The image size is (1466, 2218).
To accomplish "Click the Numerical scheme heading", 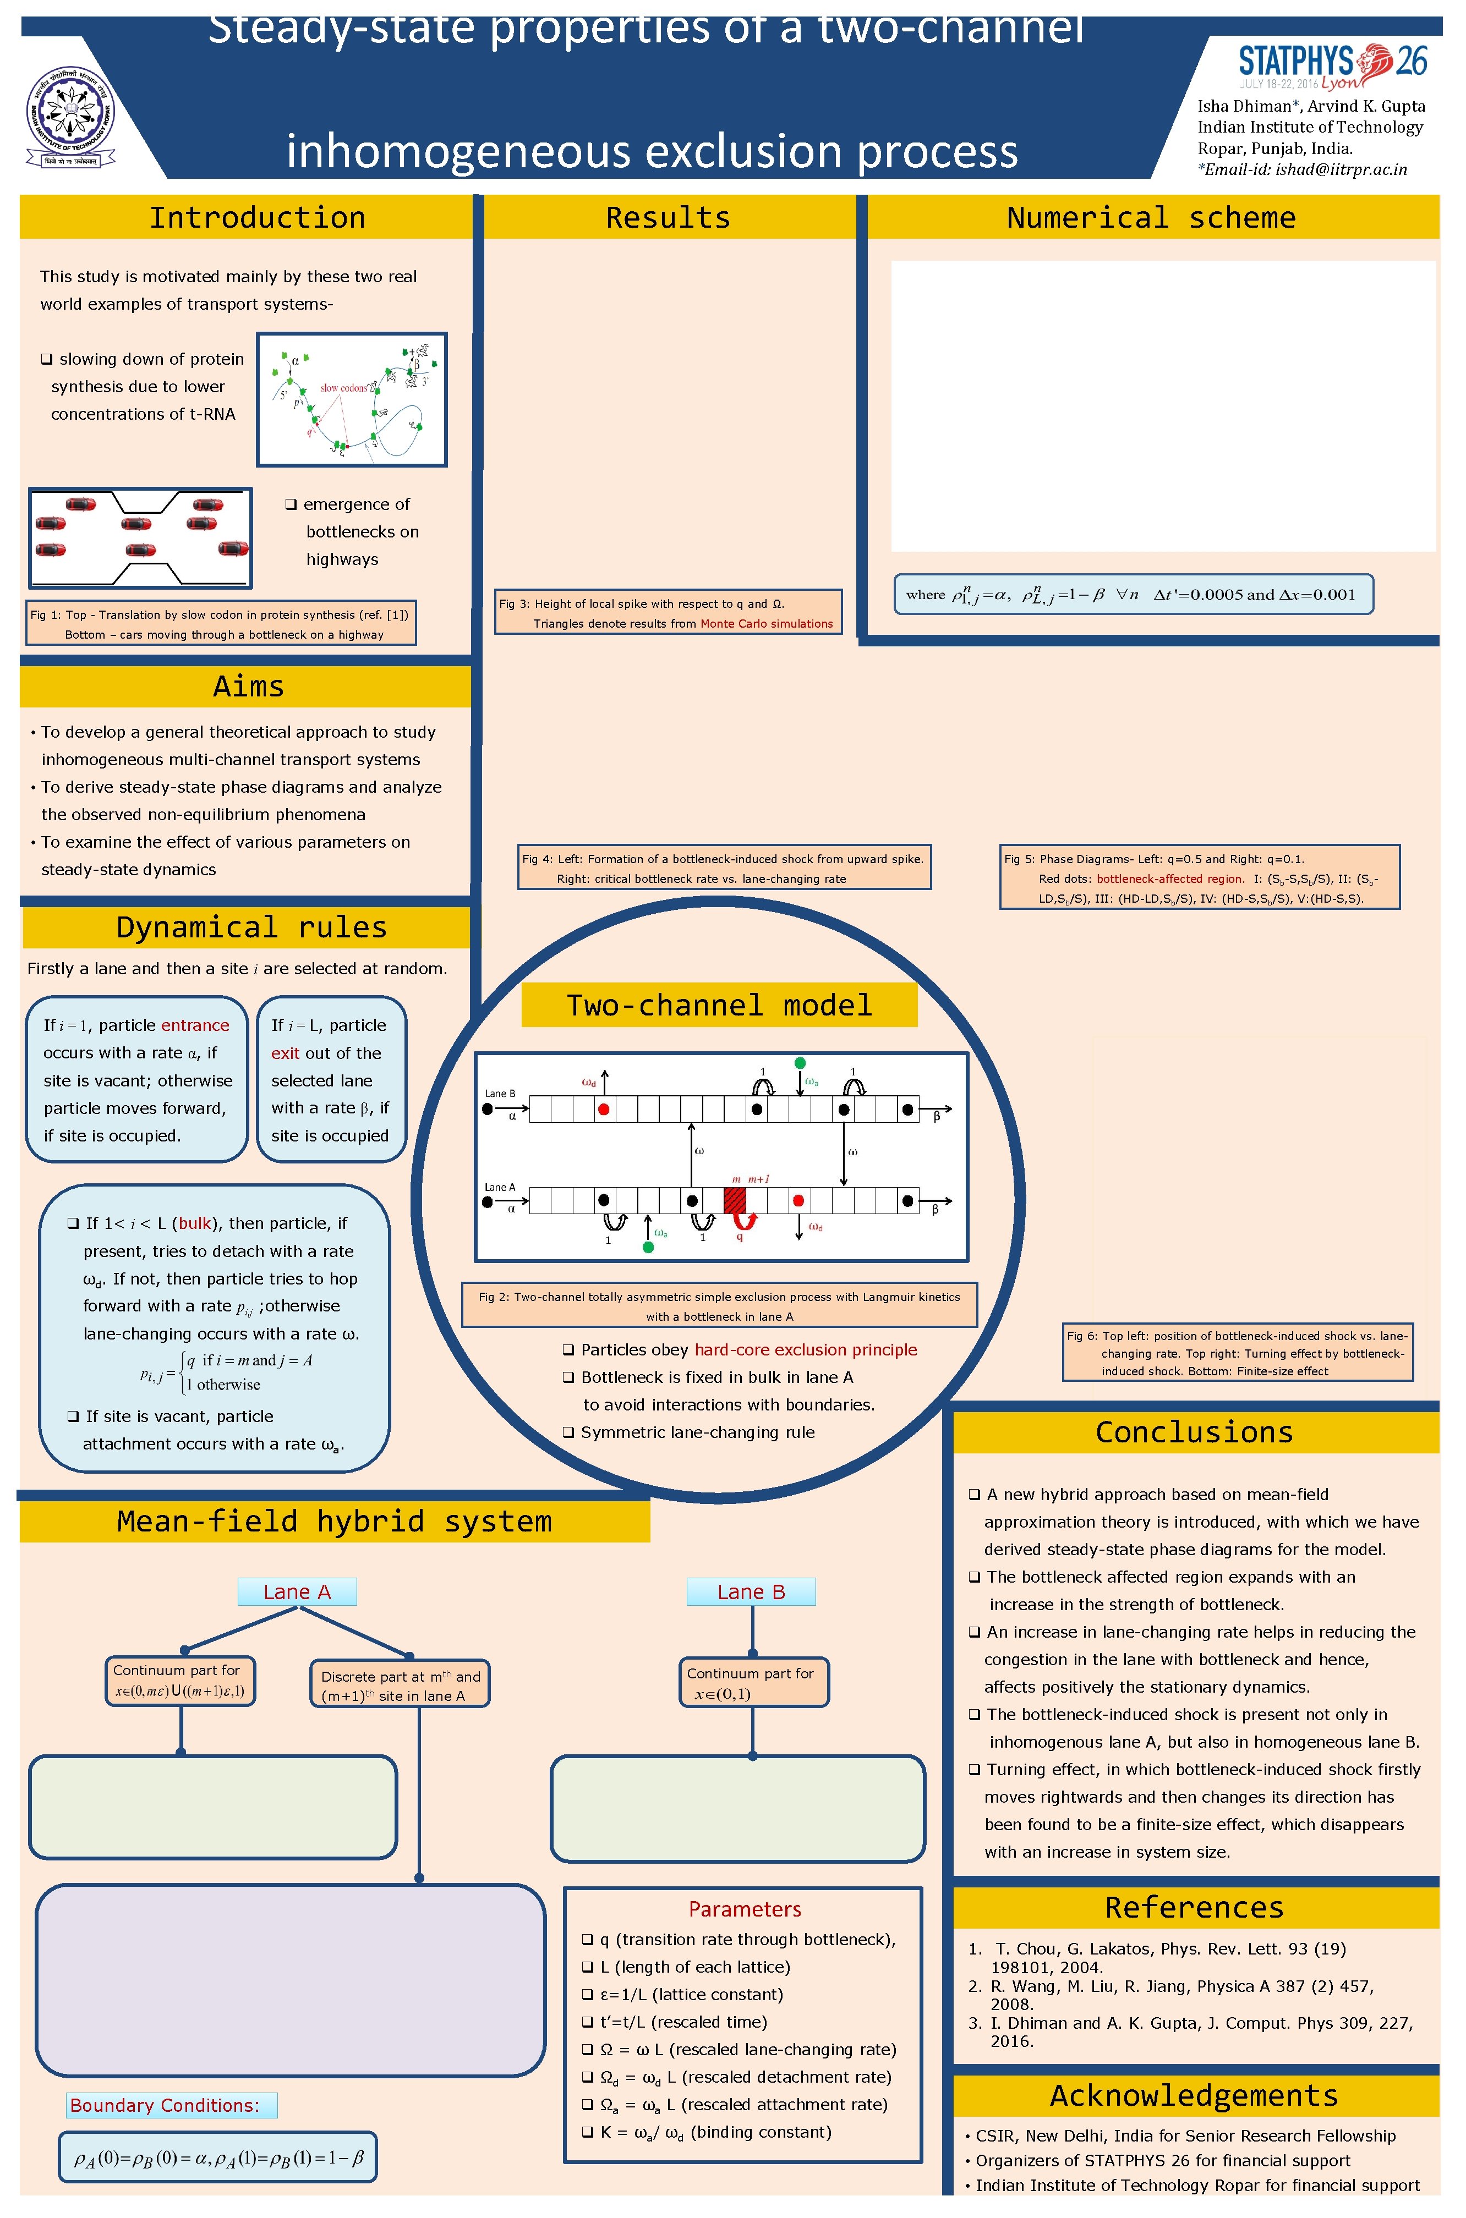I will pos(1150,218).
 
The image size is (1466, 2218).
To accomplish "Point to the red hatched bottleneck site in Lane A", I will pos(734,1200).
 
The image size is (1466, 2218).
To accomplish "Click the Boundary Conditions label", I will pos(171,2105).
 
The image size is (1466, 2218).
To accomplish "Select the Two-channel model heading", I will pos(719,1005).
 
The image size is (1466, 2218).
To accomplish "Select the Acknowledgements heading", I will pos(1194,2095).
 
